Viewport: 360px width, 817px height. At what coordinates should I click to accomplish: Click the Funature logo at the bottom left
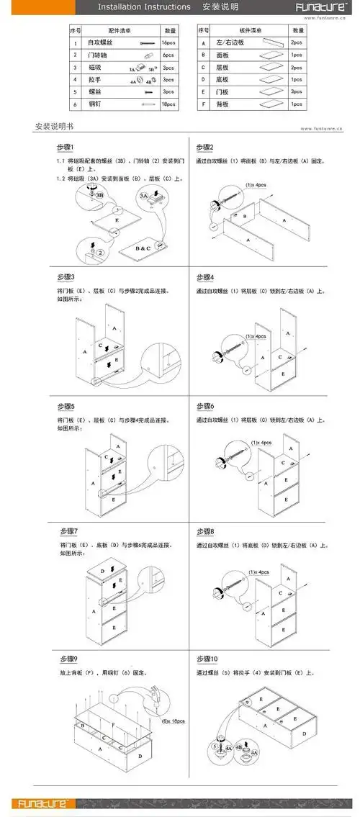click(x=43, y=802)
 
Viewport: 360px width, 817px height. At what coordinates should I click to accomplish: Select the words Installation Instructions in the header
click(x=144, y=7)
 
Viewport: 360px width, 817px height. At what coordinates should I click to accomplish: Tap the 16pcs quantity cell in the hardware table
click(x=170, y=43)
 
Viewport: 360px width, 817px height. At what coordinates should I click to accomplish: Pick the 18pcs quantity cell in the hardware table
click(x=170, y=104)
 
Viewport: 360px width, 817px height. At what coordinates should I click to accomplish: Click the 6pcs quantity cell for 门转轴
click(x=170, y=55)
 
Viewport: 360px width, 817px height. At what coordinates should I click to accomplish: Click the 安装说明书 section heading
click(x=55, y=127)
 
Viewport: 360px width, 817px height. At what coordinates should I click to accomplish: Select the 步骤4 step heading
click(x=205, y=277)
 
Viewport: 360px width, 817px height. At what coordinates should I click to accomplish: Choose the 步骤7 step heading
click(x=67, y=531)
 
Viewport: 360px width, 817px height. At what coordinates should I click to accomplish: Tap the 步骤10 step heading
click(x=207, y=659)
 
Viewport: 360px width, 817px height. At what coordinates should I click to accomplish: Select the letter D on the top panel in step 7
click(x=102, y=570)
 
